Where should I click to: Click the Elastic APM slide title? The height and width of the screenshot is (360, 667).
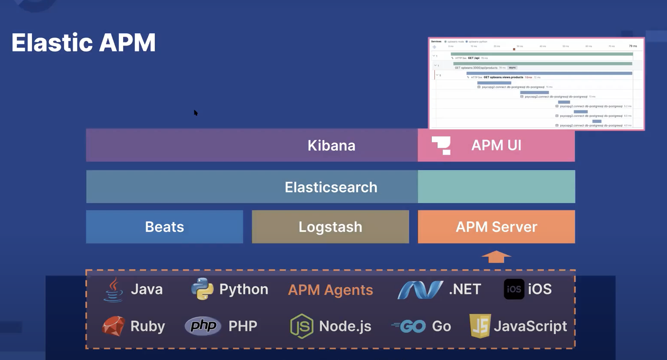(x=83, y=43)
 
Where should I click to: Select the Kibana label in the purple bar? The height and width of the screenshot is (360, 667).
(x=331, y=145)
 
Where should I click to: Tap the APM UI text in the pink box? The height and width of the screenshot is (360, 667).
(x=496, y=145)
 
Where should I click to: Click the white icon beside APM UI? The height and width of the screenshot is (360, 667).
(x=442, y=145)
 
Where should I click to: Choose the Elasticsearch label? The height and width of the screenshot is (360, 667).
(x=331, y=187)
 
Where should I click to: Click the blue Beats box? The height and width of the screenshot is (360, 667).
(x=164, y=227)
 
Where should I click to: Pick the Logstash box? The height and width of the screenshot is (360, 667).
(x=330, y=227)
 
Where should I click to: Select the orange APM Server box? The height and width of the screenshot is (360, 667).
(x=496, y=227)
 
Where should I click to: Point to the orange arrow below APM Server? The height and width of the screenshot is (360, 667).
(x=496, y=257)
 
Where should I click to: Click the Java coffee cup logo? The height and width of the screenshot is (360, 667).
(x=113, y=289)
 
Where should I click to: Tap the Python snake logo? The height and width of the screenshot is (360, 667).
(x=202, y=289)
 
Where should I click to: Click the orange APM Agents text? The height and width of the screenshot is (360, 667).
(x=330, y=290)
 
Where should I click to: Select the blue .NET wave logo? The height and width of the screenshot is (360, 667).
(x=420, y=290)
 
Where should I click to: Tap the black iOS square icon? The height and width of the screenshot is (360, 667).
(x=514, y=289)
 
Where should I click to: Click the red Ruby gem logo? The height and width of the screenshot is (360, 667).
(x=114, y=326)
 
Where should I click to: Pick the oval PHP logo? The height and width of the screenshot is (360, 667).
(x=203, y=326)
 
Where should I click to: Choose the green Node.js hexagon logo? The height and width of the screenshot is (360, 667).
(x=302, y=326)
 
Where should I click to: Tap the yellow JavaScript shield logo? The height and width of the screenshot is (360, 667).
(x=480, y=326)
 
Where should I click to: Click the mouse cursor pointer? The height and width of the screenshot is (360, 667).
(x=196, y=113)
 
